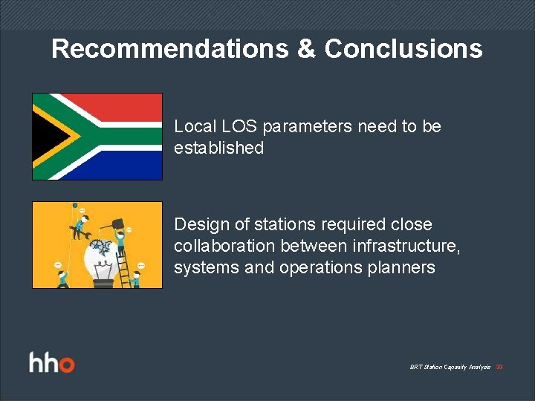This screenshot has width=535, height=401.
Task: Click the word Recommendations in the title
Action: coord(170,49)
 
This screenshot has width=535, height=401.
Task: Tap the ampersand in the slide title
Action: coord(306,49)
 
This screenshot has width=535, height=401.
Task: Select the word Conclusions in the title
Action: coord(403,49)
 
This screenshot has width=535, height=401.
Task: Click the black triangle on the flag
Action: coord(46,137)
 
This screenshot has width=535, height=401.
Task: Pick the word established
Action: coord(218,149)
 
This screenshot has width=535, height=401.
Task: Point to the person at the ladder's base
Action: coord(135,279)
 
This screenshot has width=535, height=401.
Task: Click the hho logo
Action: coord(52,364)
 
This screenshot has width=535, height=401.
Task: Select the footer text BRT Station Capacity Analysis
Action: coord(450,368)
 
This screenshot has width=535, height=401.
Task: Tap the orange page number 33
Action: coord(499,368)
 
